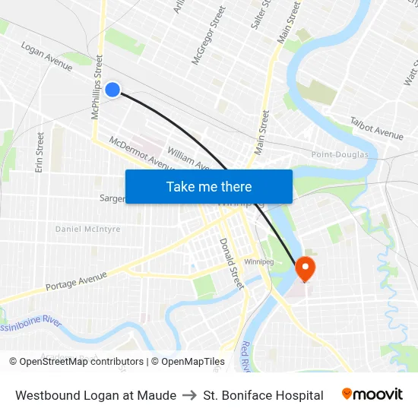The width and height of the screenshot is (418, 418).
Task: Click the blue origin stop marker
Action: point(112,90)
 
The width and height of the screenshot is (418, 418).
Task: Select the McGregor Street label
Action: point(209,36)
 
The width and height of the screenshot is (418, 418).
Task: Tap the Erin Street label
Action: point(40,152)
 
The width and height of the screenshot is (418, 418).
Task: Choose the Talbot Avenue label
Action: point(376,128)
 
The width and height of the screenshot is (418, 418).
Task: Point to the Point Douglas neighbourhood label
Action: point(340,155)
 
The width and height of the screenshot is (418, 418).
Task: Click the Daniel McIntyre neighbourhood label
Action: point(87,229)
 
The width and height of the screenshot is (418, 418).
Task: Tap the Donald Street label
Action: point(231,263)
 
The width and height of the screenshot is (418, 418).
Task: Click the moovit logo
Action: point(372,394)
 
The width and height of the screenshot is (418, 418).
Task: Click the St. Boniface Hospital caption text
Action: point(263,395)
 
